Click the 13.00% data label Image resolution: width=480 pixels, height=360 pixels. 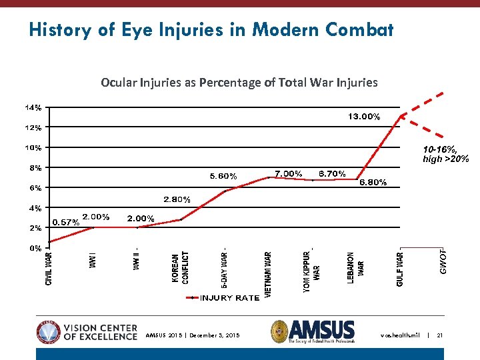tap(364, 117)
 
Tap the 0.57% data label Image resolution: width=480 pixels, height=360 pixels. tap(65, 223)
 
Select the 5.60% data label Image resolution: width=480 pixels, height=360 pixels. tap(223, 177)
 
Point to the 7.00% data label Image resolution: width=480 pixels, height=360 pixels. tap(289, 173)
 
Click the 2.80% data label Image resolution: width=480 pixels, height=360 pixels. tap(177, 199)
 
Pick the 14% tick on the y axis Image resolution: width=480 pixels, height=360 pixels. tap(34, 107)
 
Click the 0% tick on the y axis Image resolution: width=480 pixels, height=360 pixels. tap(36, 248)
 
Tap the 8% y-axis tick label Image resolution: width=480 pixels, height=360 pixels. tap(36, 168)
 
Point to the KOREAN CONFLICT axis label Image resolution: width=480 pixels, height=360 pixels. tap(180, 268)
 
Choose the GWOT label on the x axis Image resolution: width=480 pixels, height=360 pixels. tap(443, 262)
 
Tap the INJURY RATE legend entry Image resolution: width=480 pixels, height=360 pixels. tap(229, 298)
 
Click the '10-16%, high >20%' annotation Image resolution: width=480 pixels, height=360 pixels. tap(445, 155)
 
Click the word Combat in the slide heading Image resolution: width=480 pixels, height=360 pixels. tap(360, 30)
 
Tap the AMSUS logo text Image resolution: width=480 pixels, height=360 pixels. tap(322, 330)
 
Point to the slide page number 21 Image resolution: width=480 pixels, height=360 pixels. tap(440, 335)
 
